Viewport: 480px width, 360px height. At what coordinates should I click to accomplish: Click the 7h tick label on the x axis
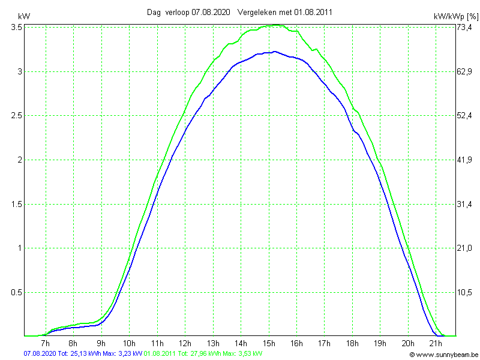tap(45, 343)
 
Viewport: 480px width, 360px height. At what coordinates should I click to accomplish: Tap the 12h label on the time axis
tap(185, 343)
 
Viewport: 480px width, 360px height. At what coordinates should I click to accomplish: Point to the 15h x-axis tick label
tap(268, 343)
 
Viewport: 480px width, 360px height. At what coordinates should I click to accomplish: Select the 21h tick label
tap(436, 343)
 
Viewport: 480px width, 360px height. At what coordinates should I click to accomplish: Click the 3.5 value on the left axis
tap(17, 28)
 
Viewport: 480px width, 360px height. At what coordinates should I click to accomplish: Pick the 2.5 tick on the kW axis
tap(17, 116)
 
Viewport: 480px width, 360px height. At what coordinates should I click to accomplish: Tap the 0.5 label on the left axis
tap(17, 292)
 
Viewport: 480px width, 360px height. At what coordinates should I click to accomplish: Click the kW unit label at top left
tap(23, 16)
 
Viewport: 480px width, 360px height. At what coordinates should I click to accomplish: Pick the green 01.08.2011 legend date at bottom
tap(160, 354)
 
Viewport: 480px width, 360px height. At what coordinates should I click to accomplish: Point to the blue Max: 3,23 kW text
tap(122, 354)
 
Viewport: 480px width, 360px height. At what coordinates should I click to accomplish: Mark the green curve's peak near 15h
tap(275, 25)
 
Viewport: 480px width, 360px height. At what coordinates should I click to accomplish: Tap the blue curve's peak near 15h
tap(274, 52)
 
